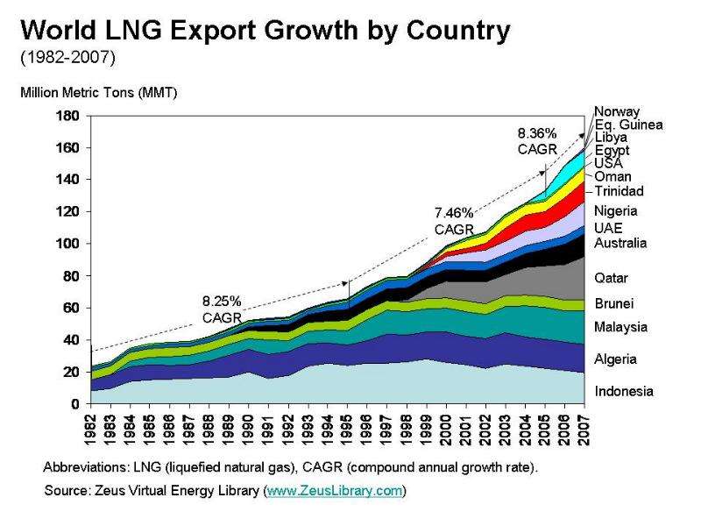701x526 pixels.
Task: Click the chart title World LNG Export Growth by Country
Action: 266,31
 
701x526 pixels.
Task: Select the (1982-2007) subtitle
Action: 68,57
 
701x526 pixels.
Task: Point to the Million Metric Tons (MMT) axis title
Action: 99,93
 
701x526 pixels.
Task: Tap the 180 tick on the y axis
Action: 67,116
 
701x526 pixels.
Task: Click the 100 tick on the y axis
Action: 67,244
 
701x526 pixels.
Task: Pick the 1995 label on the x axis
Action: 348,430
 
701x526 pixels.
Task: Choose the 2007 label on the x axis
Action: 584,430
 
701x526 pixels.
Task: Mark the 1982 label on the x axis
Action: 91,430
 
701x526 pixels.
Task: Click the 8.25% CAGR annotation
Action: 222,309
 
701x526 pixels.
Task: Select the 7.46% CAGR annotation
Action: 454,221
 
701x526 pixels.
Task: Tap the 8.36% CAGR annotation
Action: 537,141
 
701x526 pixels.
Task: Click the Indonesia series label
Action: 624,391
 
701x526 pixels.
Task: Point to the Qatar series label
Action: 611,278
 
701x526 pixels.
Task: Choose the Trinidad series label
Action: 620,191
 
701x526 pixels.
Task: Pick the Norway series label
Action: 617,111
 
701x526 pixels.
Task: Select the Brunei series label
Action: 614,303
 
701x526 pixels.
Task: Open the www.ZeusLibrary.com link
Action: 335,491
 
